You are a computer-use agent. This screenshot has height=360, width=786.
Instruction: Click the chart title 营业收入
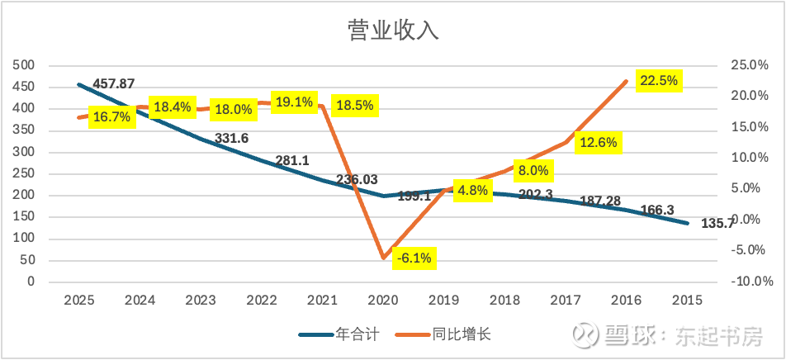coord(392,31)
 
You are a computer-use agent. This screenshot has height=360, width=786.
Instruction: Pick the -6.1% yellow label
coord(413,258)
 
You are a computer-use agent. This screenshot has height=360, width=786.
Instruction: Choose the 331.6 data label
coord(232,139)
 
